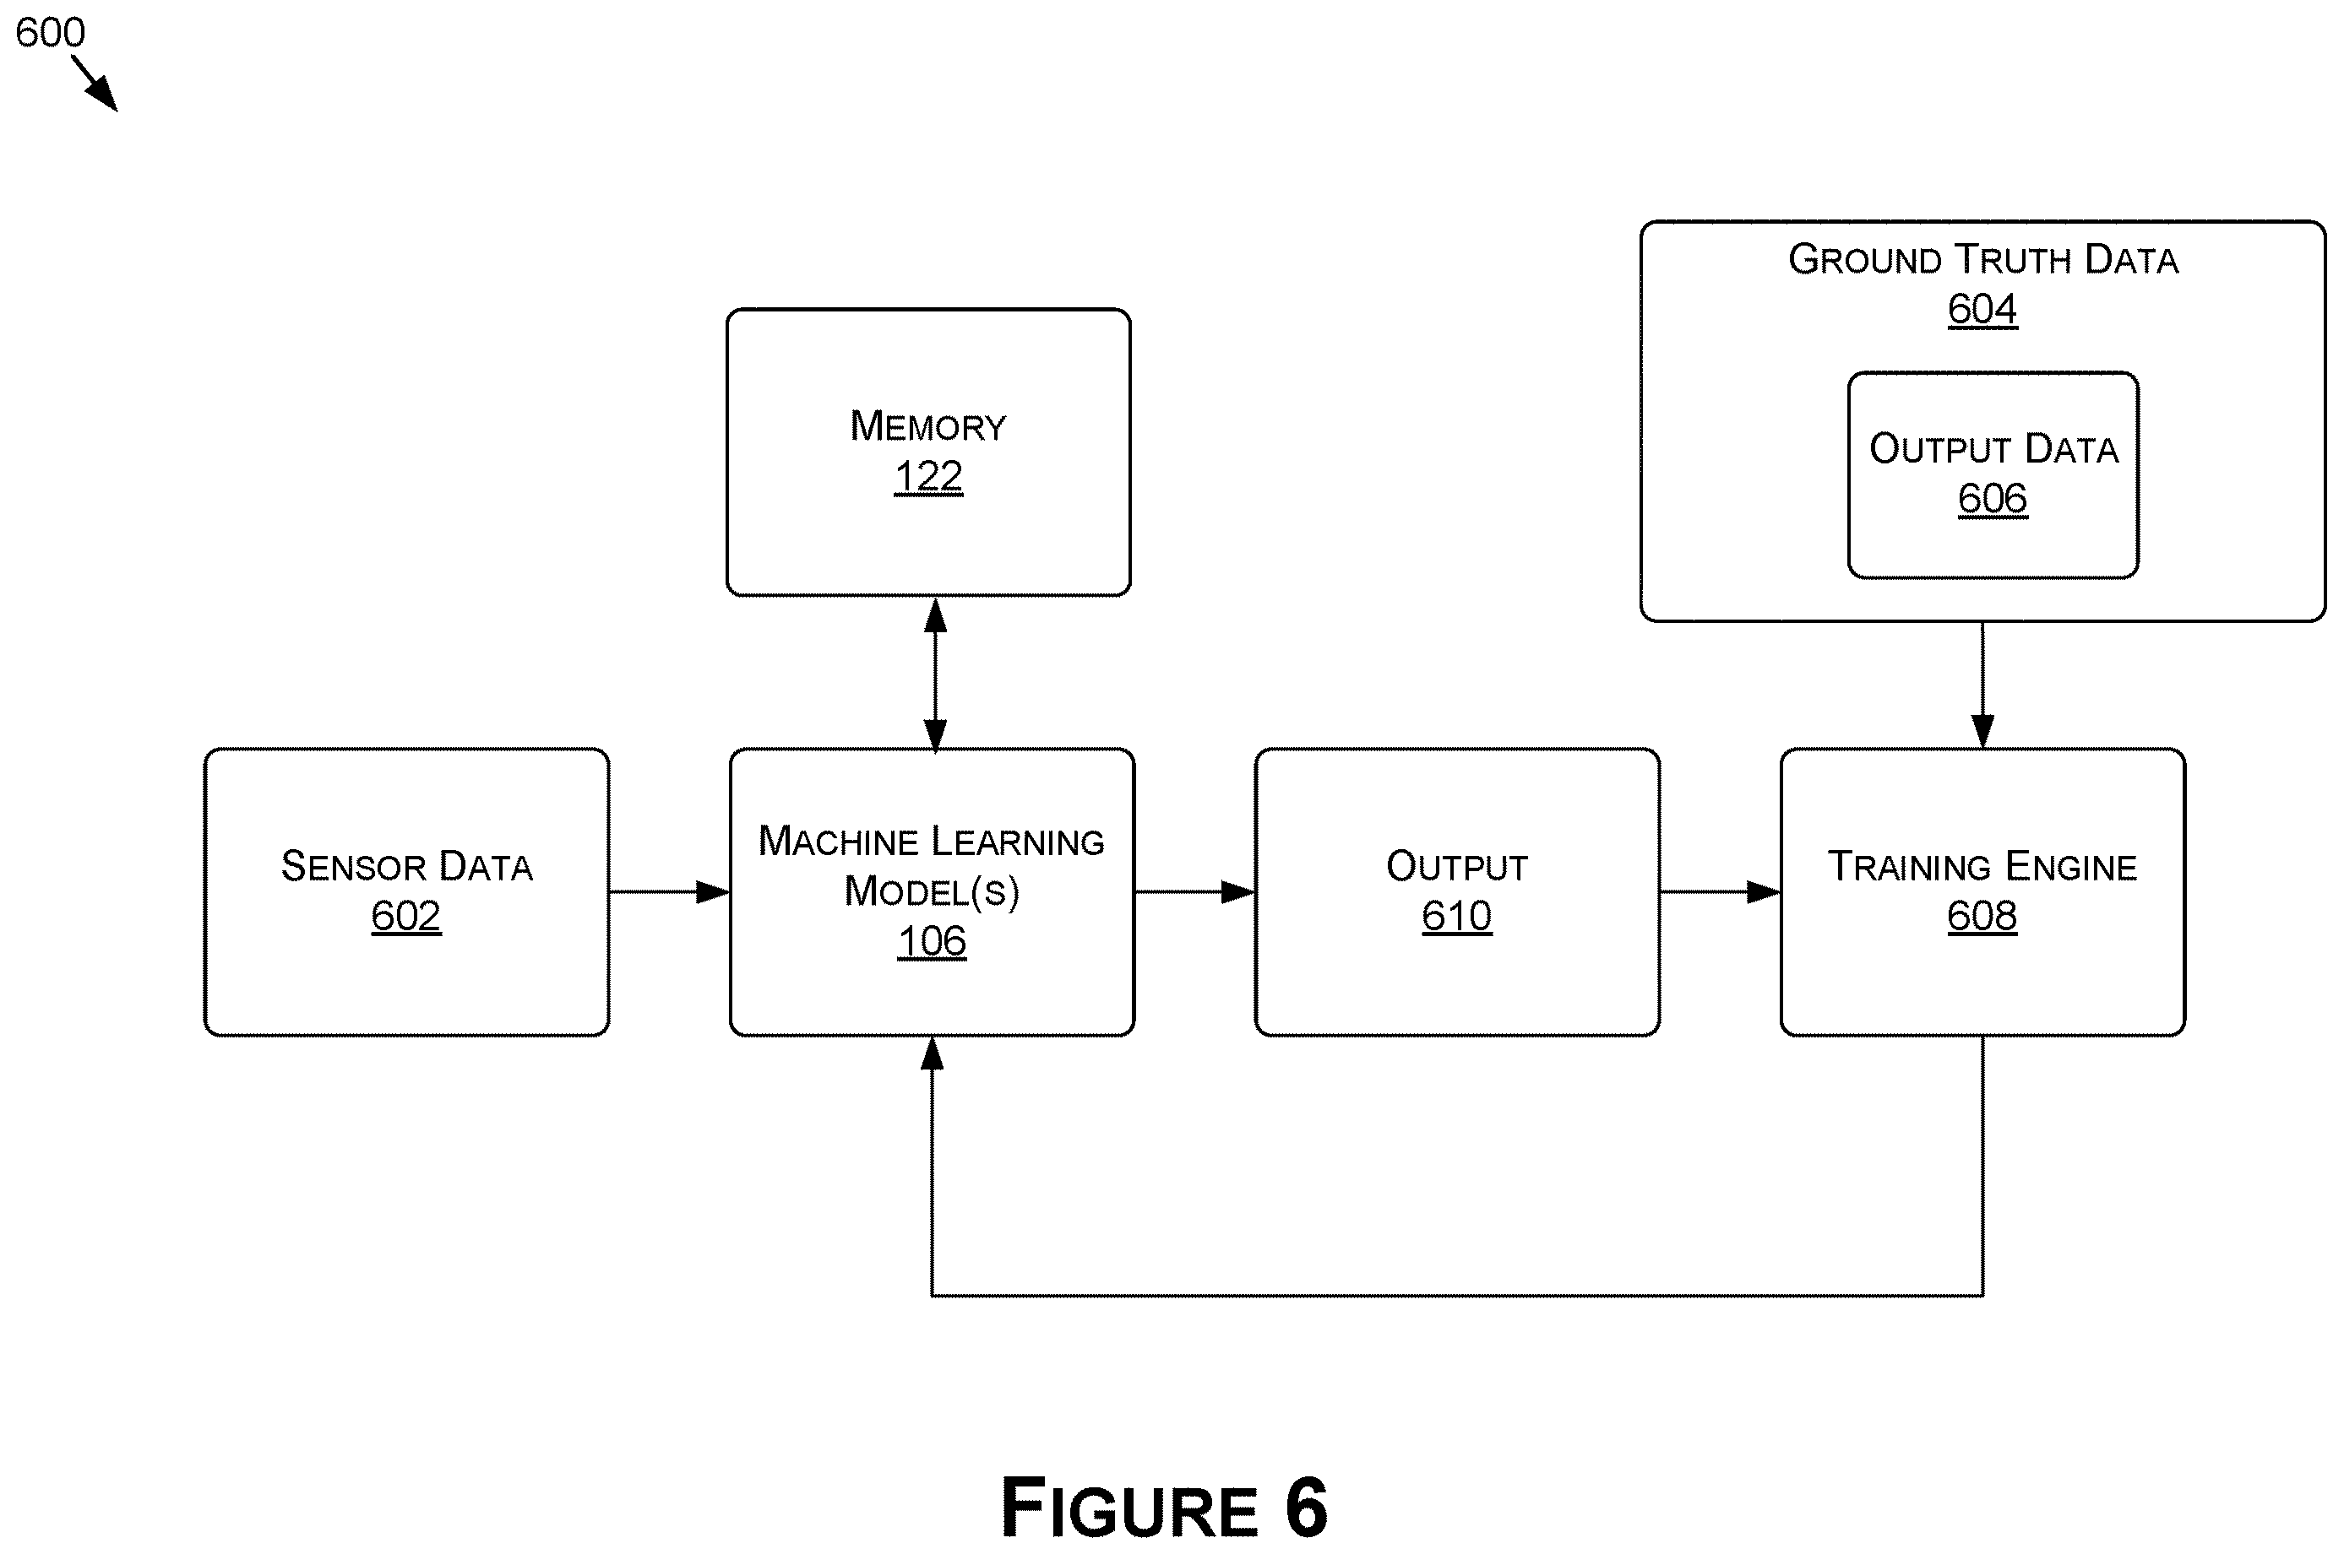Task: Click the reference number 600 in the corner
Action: [51, 33]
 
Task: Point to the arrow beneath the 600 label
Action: [95, 84]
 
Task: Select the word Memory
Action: [928, 426]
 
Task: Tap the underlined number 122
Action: [928, 477]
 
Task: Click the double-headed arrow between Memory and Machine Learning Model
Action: [935, 674]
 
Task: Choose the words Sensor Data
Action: [406, 866]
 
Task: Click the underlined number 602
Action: [405, 916]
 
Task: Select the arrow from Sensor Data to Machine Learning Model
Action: [669, 892]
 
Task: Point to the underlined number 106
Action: [932, 941]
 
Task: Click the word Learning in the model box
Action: [1019, 842]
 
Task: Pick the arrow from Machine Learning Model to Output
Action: [1194, 892]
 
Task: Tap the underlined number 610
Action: [1456, 916]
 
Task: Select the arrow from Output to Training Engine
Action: [1721, 892]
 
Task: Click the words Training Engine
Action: [1982, 866]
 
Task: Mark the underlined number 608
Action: [1982, 916]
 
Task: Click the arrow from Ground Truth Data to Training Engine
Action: [1982, 685]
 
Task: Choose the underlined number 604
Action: [1982, 309]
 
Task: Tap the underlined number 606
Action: [1993, 499]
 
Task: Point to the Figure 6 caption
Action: [1164, 1508]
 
